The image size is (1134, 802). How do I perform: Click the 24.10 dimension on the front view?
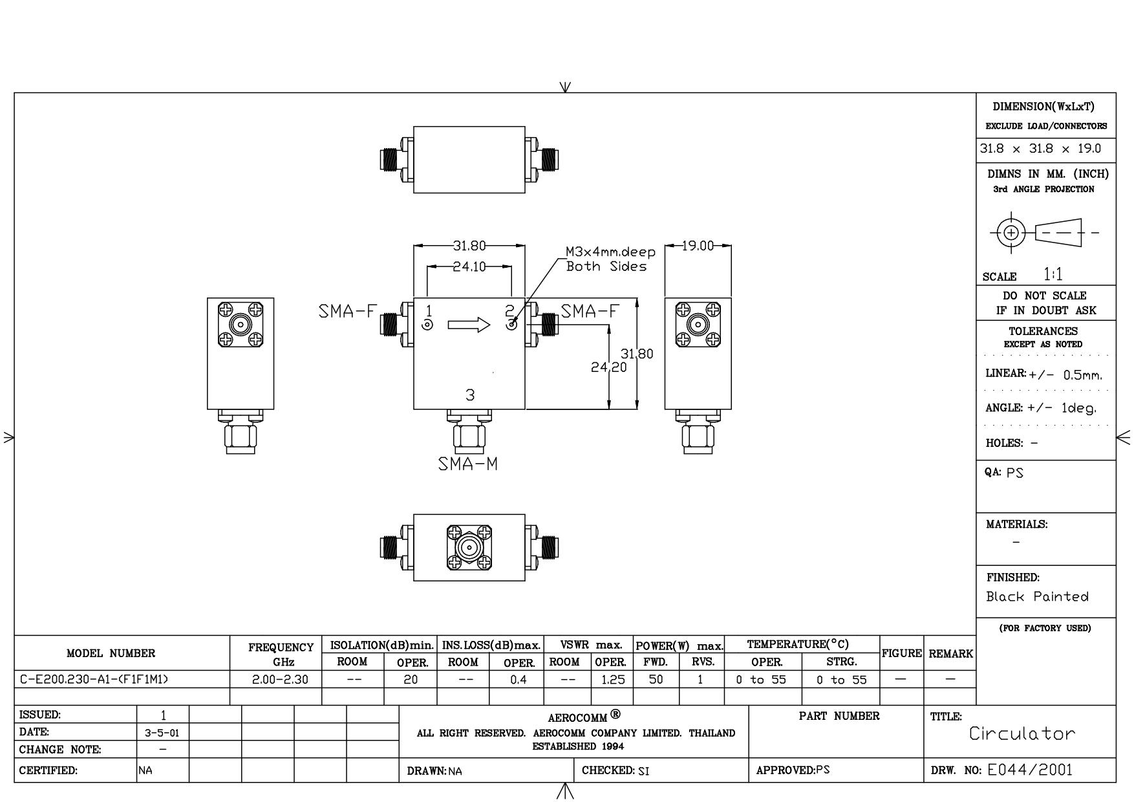tap(469, 266)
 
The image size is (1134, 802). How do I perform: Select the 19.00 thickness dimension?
tap(698, 246)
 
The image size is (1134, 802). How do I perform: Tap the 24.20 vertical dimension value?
tap(608, 367)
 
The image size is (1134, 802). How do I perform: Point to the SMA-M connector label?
tap(468, 464)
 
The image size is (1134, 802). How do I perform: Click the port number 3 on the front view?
tap(470, 395)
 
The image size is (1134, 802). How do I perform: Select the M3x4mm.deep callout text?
tap(610, 252)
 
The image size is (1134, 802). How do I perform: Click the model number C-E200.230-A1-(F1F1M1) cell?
tap(94, 680)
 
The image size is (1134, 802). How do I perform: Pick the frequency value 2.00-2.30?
tap(280, 680)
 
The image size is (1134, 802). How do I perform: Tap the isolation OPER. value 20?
tap(411, 680)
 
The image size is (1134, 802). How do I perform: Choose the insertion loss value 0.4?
tap(518, 680)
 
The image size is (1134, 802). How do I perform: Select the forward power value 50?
tap(656, 680)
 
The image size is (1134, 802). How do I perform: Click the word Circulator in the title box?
tap(1022, 733)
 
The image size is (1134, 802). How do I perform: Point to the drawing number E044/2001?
tap(1030, 770)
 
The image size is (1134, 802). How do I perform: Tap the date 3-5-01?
tap(163, 733)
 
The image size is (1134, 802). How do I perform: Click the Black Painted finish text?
tap(1037, 597)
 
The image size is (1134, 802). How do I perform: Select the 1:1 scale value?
tap(1053, 275)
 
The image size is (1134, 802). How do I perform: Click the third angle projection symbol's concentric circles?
tap(1012, 233)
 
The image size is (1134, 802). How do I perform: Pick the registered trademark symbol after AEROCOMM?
tap(615, 715)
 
